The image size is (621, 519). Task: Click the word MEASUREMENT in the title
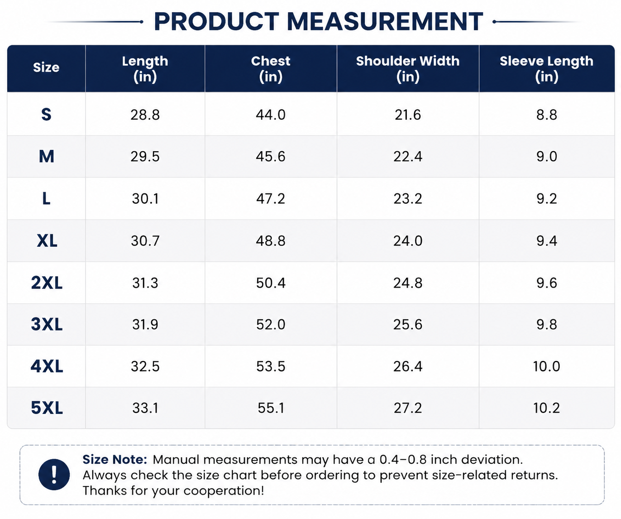tap(385, 21)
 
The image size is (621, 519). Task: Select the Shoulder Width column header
tap(408, 69)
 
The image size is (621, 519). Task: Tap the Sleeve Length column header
tap(547, 69)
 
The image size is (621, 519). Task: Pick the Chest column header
tap(271, 69)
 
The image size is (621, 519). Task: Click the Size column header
tap(46, 67)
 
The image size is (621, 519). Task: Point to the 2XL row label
tap(47, 283)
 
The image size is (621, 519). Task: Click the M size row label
tap(47, 157)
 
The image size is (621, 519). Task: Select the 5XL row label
tap(47, 408)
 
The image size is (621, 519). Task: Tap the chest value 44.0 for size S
tap(271, 115)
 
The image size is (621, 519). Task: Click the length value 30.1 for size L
tap(145, 198)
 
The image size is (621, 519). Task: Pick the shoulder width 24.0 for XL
tap(408, 241)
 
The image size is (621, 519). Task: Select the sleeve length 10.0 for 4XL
tap(547, 366)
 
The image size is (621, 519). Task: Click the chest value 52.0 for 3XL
tap(271, 324)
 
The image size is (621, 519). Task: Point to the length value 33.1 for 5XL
tap(145, 408)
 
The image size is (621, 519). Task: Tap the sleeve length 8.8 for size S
tap(547, 115)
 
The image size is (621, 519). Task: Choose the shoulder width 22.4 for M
tap(408, 157)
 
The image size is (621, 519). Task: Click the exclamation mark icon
tap(54, 474)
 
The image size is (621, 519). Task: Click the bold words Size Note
tap(115, 460)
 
